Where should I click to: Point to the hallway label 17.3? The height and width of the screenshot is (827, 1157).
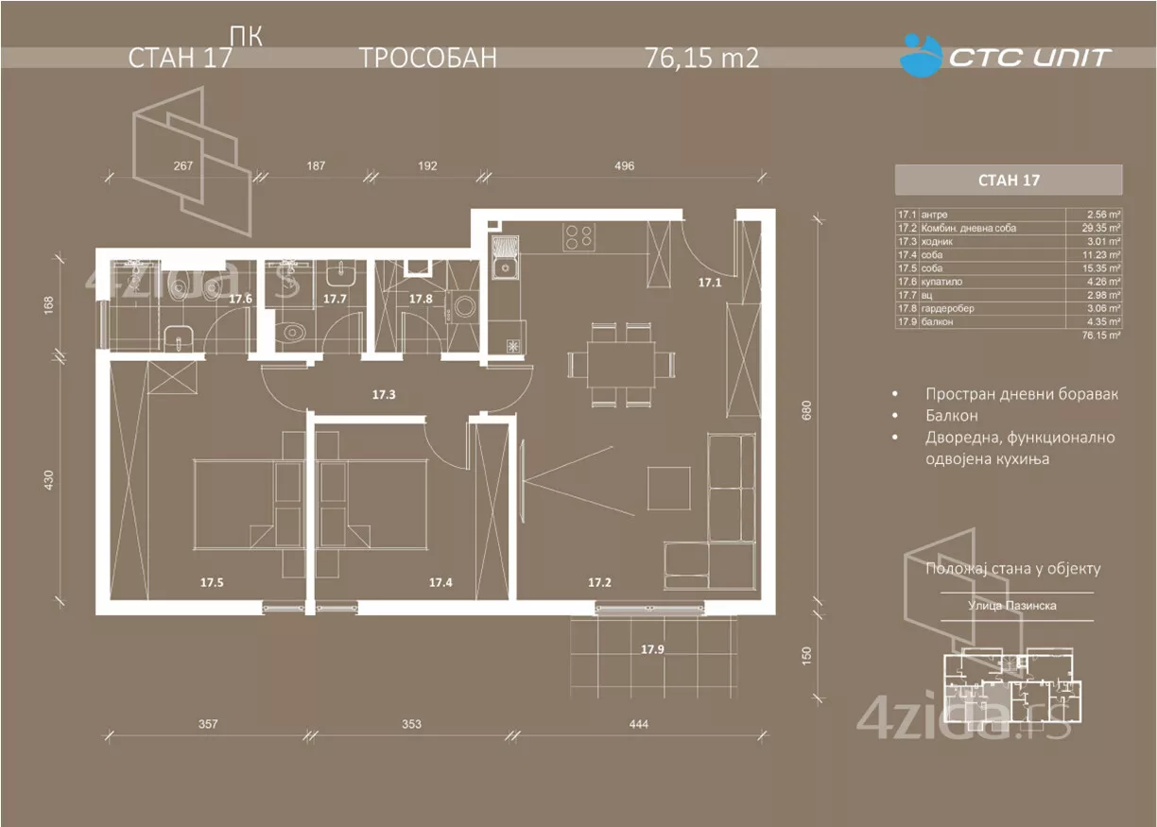click(383, 394)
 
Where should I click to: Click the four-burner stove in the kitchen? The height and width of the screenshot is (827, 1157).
click(578, 236)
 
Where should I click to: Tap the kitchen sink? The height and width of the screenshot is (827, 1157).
click(506, 261)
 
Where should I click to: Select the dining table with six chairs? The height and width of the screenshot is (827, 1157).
click(622, 364)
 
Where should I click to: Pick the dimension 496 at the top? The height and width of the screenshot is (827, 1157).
click(624, 166)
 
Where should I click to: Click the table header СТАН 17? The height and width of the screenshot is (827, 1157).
click(1008, 180)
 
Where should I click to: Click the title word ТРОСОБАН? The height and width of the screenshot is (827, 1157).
click(427, 59)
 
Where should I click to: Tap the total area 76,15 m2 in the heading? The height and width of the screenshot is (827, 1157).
click(701, 59)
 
